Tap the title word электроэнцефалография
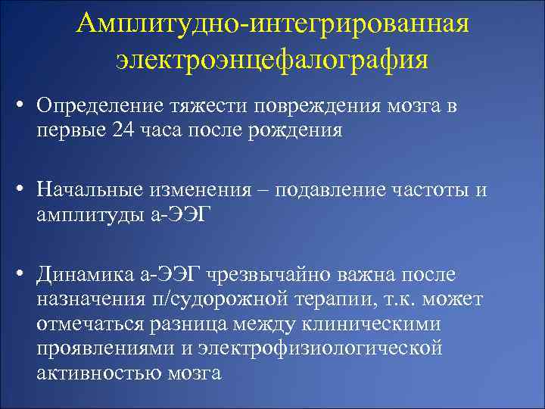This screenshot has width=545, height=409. coord(272,58)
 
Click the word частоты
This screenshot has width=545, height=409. coord(433,190)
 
